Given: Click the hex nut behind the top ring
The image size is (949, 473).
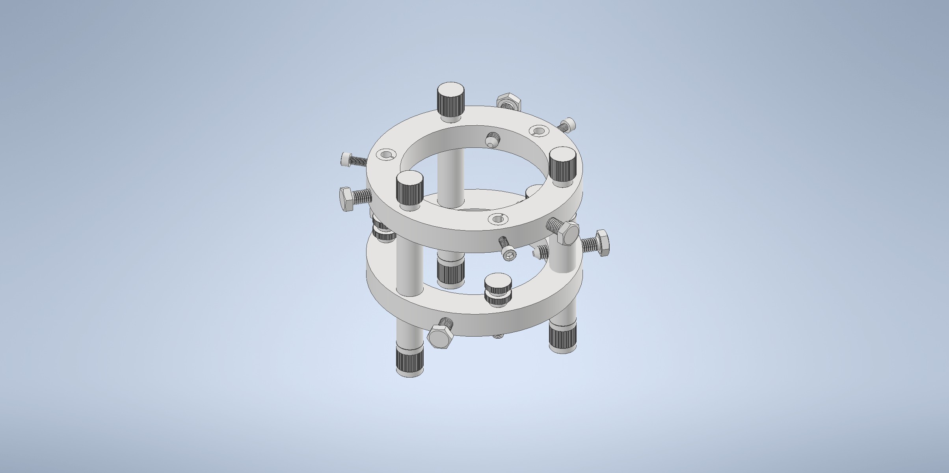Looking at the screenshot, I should tap(509, 102).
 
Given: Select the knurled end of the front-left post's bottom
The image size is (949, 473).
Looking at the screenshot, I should tap(410, 360).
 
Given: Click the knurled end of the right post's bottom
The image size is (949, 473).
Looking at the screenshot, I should tap(563, 337).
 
